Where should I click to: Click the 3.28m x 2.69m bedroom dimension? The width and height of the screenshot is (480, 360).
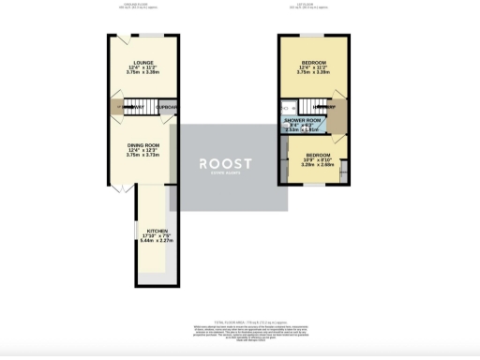pos(316,166)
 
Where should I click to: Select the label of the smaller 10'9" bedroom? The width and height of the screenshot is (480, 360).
pos(316,154)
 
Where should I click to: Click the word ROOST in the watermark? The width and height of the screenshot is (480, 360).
pos(226,162)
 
